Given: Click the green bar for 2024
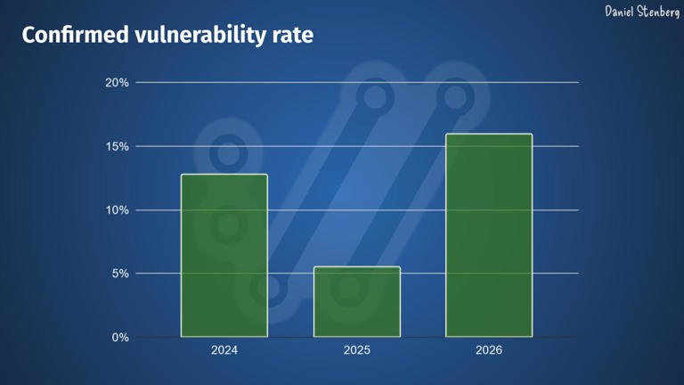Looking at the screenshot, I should click(224, 256).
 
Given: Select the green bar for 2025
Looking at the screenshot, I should click(357, 302).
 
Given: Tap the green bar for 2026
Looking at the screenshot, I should click(489, 236).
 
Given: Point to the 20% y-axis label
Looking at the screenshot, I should click(118, 83).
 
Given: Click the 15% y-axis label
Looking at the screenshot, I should click(118, 146).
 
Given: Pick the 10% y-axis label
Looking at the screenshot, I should click(118, 210).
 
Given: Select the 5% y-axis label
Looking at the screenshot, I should click(120, 274).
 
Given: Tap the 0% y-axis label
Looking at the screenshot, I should click(120, 338).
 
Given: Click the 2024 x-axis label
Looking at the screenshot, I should click(224, 350).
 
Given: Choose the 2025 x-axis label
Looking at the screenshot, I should click(357, 350).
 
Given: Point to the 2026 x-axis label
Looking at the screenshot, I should click(489, 350).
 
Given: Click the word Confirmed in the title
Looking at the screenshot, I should click(76, 36).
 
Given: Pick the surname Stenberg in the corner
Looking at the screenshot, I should click(660, 12).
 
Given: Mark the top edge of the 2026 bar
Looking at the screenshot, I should click(489, 135).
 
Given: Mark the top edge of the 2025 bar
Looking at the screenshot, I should click(357, 267).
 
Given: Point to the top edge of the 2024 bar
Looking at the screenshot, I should click(224, 175).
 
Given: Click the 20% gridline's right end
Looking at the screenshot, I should click(577, 83).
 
